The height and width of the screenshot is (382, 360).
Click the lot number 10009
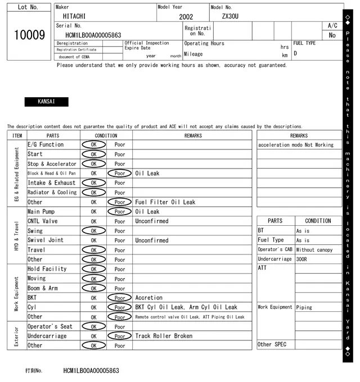29,35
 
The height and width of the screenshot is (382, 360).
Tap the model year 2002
186,17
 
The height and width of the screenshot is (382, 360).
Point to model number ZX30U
230,16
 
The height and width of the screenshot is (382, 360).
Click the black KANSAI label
46,102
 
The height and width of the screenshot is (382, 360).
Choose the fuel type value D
295,54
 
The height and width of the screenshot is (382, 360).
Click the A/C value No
332,35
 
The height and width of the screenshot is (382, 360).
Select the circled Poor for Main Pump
119,212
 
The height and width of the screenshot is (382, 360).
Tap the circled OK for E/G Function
93,144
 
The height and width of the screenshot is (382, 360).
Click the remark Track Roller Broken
164,336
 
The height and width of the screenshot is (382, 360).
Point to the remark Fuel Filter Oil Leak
165,202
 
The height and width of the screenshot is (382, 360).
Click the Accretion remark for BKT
149,298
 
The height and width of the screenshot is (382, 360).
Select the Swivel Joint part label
46,240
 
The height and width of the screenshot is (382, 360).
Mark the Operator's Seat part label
50,326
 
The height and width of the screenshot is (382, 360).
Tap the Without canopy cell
314,249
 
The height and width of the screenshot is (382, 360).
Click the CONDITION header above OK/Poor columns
106,135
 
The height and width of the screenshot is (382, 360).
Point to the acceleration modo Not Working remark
296,145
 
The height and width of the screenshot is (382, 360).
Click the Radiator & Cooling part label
52,192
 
